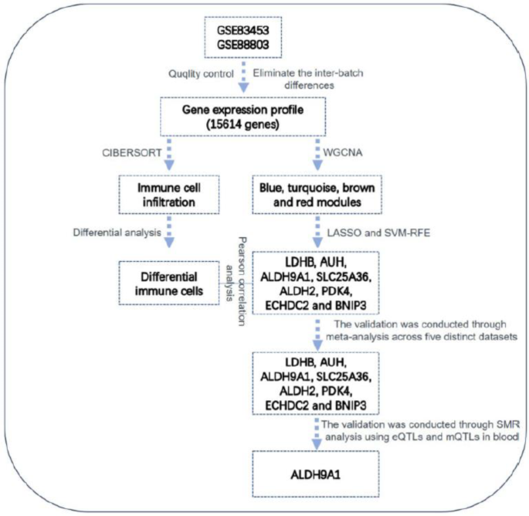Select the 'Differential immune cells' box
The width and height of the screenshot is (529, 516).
tap(166, 283)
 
